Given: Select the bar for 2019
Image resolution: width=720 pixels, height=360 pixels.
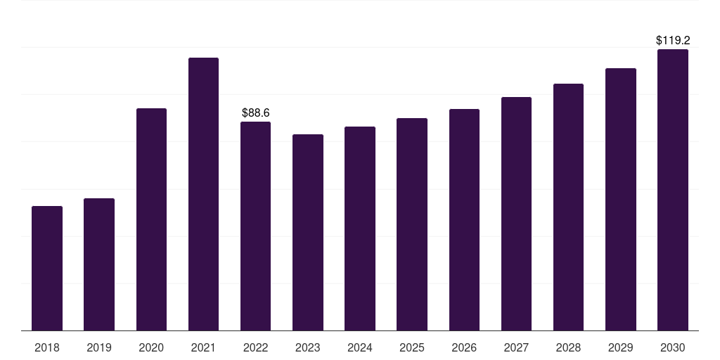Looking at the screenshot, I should (x=99, y=264).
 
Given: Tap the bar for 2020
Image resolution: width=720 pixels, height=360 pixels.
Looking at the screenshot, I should (x=151, y=219).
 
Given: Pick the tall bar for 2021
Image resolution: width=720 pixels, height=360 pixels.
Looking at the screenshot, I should (x=203, y=194).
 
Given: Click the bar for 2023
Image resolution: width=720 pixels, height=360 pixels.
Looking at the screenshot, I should (x=308, y=232).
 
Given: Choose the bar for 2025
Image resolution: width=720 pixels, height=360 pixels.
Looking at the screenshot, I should (x=412, y=224).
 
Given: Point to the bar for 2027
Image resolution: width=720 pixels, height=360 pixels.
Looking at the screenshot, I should (x=516, y=214).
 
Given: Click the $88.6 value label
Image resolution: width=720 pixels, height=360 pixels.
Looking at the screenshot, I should (x=256, y=112).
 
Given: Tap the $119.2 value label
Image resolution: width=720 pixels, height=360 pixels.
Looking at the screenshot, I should (x=673, y=40).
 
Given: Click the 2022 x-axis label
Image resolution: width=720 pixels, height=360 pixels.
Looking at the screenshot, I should (x=256, y=347).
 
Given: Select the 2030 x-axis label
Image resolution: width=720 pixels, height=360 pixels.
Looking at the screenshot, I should (x=673, y=347).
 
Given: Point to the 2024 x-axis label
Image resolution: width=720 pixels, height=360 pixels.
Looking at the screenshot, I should (x=360, y=347).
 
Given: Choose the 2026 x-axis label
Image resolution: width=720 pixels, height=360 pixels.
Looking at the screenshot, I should (x=464, y=347).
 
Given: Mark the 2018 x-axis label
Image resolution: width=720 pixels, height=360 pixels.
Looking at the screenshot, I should (x=47, y=347).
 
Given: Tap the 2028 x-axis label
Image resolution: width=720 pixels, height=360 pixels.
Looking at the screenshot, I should (x=568, y=347).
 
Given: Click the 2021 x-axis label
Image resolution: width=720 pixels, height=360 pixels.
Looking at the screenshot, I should (x=203, y=347).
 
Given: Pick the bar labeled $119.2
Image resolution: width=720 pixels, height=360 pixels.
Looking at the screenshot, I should (x=673, y=190).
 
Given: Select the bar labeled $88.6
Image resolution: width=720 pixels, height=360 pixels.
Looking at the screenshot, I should (x=256, y=226).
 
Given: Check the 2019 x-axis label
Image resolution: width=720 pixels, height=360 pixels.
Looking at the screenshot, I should (x=99, y=347).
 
